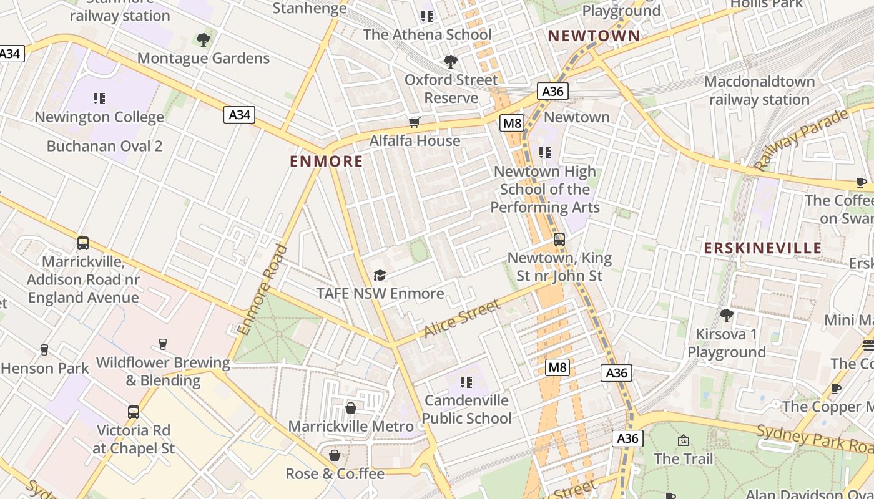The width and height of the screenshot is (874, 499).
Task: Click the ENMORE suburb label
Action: click(326, 162)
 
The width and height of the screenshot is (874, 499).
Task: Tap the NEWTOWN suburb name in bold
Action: click(594, 36)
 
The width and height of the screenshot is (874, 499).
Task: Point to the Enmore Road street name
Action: click(262, 289)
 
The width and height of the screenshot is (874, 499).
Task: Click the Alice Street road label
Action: click(462, 318)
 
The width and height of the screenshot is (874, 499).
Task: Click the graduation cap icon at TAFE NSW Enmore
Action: click(380, 275)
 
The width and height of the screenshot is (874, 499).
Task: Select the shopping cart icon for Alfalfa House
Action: click(414, 122)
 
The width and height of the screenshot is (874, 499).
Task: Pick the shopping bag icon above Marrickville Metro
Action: click(351, 408)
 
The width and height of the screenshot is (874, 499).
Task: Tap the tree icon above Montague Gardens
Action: click(204, 40)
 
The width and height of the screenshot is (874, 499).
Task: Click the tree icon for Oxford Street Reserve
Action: click(451, 61)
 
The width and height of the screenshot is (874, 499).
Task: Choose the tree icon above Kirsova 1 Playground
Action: click(726, 316)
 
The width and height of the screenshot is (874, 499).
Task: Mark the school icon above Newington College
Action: click(99, 99)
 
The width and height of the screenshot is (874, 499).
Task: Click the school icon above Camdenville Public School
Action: click(466, 382)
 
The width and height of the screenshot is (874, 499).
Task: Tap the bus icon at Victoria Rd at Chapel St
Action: click(134, 412)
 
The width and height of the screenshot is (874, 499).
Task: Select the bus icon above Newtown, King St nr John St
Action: click(559, 239)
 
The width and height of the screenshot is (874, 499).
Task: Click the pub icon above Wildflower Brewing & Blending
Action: click(163, 344)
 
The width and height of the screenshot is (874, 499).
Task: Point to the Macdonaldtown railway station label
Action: click(759, 90)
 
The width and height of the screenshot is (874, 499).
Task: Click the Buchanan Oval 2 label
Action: click(105, 146)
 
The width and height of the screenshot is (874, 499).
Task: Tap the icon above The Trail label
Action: click(684, 440)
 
